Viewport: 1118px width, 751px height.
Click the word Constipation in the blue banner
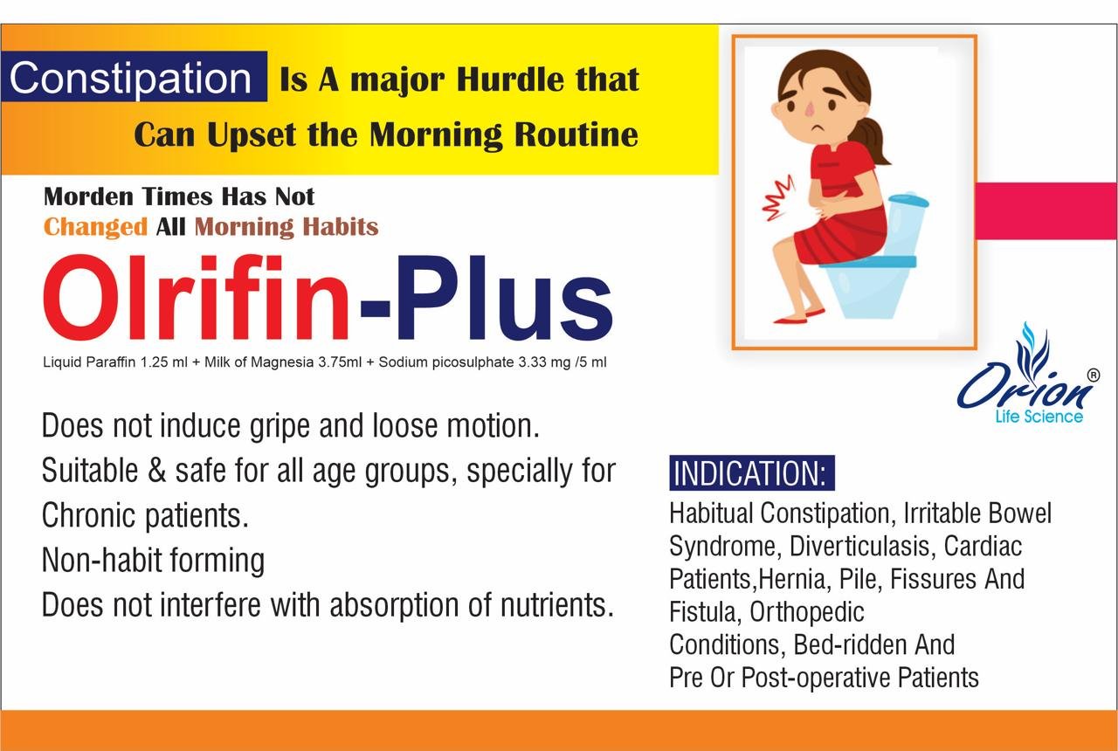pyautogui.click(x=130, y=79)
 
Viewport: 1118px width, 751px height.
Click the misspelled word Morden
pyautogui.click(x=88, y=196)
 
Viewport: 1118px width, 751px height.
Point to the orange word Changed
pyautogui.click(x=95, y=228)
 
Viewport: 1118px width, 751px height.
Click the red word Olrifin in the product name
pyautogui.click(x=197, y=298)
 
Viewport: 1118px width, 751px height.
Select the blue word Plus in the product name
pyautogui.click(x=505, y=298)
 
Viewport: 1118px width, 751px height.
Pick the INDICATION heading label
pyautogui.click(x=752, y=472)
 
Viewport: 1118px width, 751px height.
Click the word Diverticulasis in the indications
pyautogui.click(x=859, y=546)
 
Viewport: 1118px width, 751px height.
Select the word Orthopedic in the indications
pyautogui.click(x=806, y=612)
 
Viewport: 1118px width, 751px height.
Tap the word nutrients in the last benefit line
pyautogui.click(x=556, y=605)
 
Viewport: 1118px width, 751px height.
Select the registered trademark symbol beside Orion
pyautogui.click(x=1093, y=375)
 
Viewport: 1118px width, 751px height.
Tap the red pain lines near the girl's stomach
pyautogui.click(x=778, y=198)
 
